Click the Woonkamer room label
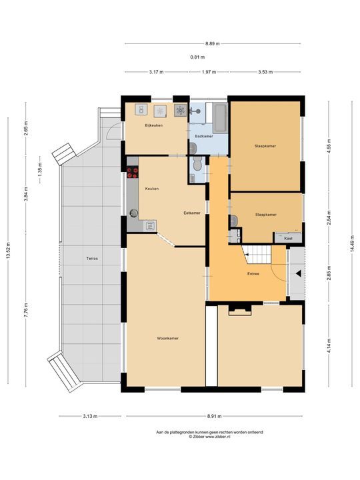167,338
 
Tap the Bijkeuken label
154,125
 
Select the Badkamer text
204,136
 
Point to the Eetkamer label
192,213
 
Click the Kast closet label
288,238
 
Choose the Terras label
92,259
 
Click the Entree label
253,274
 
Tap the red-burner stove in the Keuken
133,172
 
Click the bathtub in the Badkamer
220,118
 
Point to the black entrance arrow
298,273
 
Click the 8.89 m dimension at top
213,43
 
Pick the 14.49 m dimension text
352,244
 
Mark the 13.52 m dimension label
8,251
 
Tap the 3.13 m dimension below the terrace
90,416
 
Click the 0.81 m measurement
197,57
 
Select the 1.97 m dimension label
209,72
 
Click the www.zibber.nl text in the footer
217,437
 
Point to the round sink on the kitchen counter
134,213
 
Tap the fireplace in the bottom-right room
240,310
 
